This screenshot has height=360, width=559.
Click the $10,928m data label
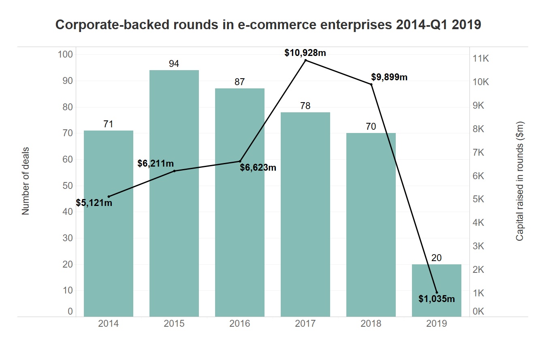(x=305, y=53)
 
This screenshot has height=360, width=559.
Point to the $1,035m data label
(x=436, y=299)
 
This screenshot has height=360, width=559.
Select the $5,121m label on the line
(x=94, y=203)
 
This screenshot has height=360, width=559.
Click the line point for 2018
(x=371, y=84)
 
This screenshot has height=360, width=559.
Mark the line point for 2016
(x=240, y=161)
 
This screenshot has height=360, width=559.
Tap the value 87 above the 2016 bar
(x=240, y=82)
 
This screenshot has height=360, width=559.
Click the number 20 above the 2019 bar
(x=436, y=258)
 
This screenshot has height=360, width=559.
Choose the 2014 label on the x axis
(x=108, y=324)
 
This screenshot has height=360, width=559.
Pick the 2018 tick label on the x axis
(x=371, y=324)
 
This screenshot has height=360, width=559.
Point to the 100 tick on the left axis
(x=65, y=54)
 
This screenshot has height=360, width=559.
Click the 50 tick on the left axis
(x=68, y=186)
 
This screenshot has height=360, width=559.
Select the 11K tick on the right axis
(x=481, y=59)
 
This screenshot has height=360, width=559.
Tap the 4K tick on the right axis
(x=478, y=223)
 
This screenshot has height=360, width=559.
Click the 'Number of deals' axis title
(x=26, y=181)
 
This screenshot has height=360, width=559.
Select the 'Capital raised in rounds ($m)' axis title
(x=520, y=181)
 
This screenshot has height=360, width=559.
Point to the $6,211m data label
(x=156, y=164)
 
